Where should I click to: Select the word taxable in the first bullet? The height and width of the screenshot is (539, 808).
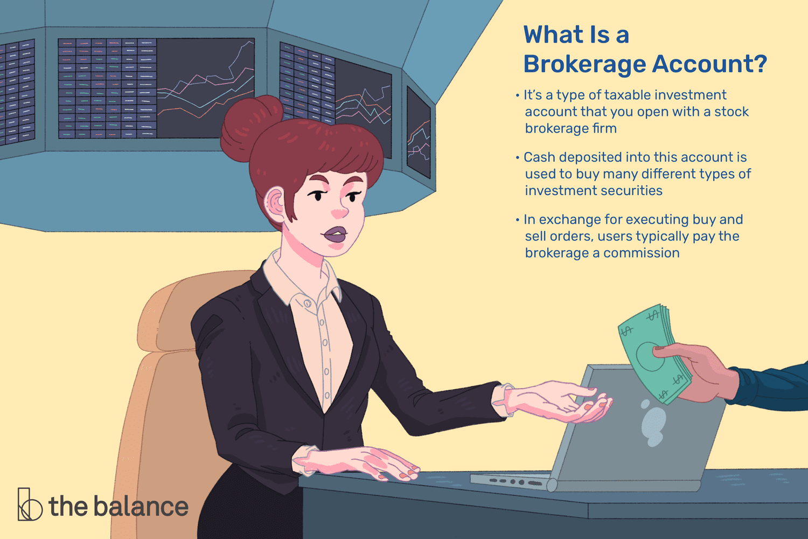(x=637, y=95)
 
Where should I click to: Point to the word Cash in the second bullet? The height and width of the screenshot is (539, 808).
(x=540, y=157)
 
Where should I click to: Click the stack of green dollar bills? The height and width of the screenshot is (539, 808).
(x=649, y=353)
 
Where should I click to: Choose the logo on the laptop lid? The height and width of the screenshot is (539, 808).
(x=653, y=423)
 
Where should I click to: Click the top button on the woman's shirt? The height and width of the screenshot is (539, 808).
(x=308, y=303)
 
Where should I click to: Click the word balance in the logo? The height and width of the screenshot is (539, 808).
(x=141, y=507)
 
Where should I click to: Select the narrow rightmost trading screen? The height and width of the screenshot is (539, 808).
(x=419, y=132)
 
